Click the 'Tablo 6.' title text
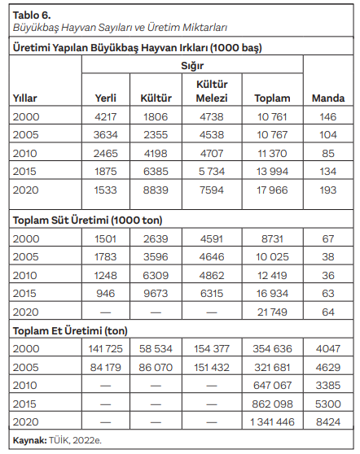point(32,15)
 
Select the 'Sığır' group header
point(192,66)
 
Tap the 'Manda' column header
point(328,98)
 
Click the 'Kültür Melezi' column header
point(212,91)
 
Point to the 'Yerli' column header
point(106,98)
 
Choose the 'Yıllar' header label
point(25,98)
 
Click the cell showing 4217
point(106,116)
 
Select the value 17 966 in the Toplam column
point(272,190)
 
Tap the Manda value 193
point(328,190)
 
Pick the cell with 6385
point(156,172)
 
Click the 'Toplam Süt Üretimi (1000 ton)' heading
point(87,220)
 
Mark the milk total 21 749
point(272,312)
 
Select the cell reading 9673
point(156,294)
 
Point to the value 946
point(106,294)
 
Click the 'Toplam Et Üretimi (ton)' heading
point(70,331)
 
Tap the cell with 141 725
point(106,349)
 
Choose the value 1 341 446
point(272,422)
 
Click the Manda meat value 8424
point(328,422)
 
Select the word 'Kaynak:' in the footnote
point(30,441)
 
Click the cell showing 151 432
point(212,368)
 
